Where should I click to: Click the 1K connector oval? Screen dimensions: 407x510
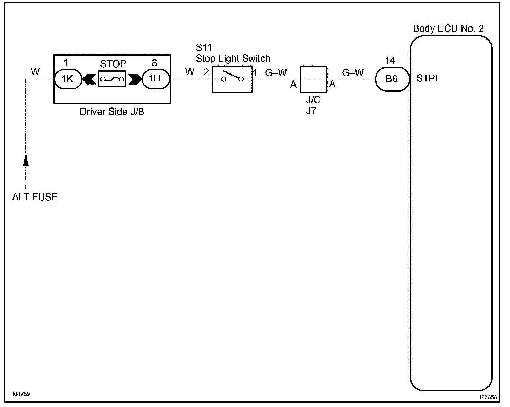click(68, 79)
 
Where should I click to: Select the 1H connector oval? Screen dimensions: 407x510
click(155, 79)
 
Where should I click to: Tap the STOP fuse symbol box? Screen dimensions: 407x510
click(112, 79)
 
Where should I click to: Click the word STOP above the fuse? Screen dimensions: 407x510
click(113, 64)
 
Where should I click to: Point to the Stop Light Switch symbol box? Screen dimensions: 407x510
click(232, 79)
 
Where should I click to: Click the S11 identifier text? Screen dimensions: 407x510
click(204, 47)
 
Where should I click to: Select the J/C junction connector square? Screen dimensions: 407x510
click(314, 79)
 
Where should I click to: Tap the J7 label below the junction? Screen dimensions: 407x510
click(311, 111)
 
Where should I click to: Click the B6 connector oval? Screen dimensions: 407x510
click(392, 79)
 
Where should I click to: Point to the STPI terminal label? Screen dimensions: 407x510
click(427, 79)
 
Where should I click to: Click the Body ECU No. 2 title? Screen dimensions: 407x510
click(448, 28)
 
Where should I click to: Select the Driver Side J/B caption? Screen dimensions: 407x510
click(112, 112)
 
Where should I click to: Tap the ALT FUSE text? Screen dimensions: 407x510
click(35, 197)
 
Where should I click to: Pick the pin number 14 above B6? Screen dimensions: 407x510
click(390, 61)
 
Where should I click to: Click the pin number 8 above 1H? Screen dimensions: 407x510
click(155, 63)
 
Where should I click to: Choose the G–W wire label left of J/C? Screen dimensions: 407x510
click(276, 73)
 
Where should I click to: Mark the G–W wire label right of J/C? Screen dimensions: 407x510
click(353, 73)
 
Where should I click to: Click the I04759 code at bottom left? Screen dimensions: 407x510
click(21, 394)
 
